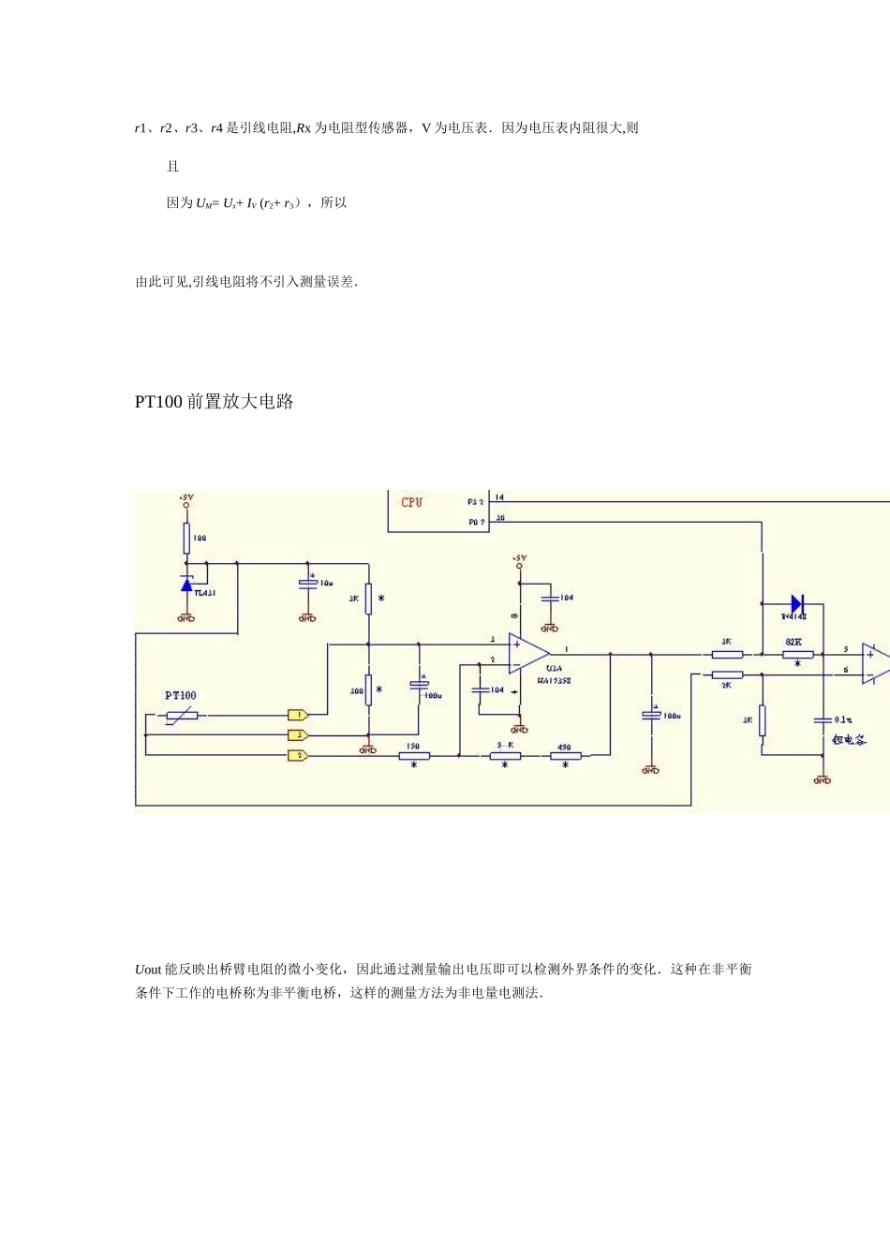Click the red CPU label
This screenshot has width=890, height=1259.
coord(411,502)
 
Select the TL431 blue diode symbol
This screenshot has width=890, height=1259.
coord(186,584)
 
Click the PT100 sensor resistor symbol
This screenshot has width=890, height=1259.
coord(181,716)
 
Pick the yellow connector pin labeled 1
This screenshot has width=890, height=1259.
coord(298,715)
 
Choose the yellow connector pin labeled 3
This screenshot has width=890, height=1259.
coord(298,735)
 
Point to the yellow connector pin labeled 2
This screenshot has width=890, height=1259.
coord(298,755)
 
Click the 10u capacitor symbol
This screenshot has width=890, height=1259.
coord(307,584)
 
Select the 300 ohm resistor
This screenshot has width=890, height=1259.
coord(368,689)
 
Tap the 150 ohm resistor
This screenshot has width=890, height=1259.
coord(413,755)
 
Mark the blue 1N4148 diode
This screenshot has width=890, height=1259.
coord(797,604)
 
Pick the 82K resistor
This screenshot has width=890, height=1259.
coord(797,654)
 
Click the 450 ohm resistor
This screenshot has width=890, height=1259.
coord(565,755)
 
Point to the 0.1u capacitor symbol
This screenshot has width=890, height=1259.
coord(823,719)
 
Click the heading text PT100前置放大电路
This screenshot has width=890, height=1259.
coord(215,402)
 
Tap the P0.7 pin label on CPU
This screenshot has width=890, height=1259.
coord(476,522)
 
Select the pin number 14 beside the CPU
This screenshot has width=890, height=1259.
coord(499,497)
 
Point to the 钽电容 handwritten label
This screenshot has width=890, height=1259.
coord(849,739)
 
